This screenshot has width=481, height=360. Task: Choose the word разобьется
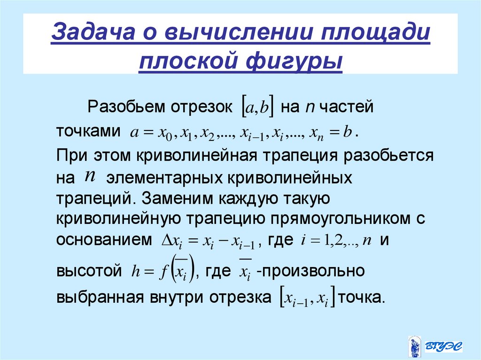tap(388, 155)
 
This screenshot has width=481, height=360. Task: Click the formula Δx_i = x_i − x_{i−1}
tap(208, 241)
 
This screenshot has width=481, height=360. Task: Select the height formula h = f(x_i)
tap(163, 271)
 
